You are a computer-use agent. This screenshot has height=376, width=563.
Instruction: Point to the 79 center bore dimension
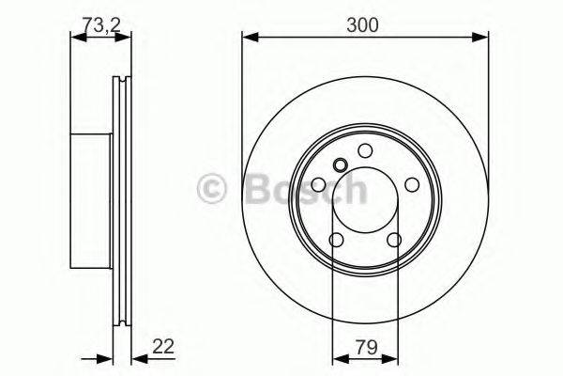[365, 348]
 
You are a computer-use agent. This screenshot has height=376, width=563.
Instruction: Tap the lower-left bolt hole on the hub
[337, 241]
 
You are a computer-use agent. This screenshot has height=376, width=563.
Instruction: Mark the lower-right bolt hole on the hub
[393, 241]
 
